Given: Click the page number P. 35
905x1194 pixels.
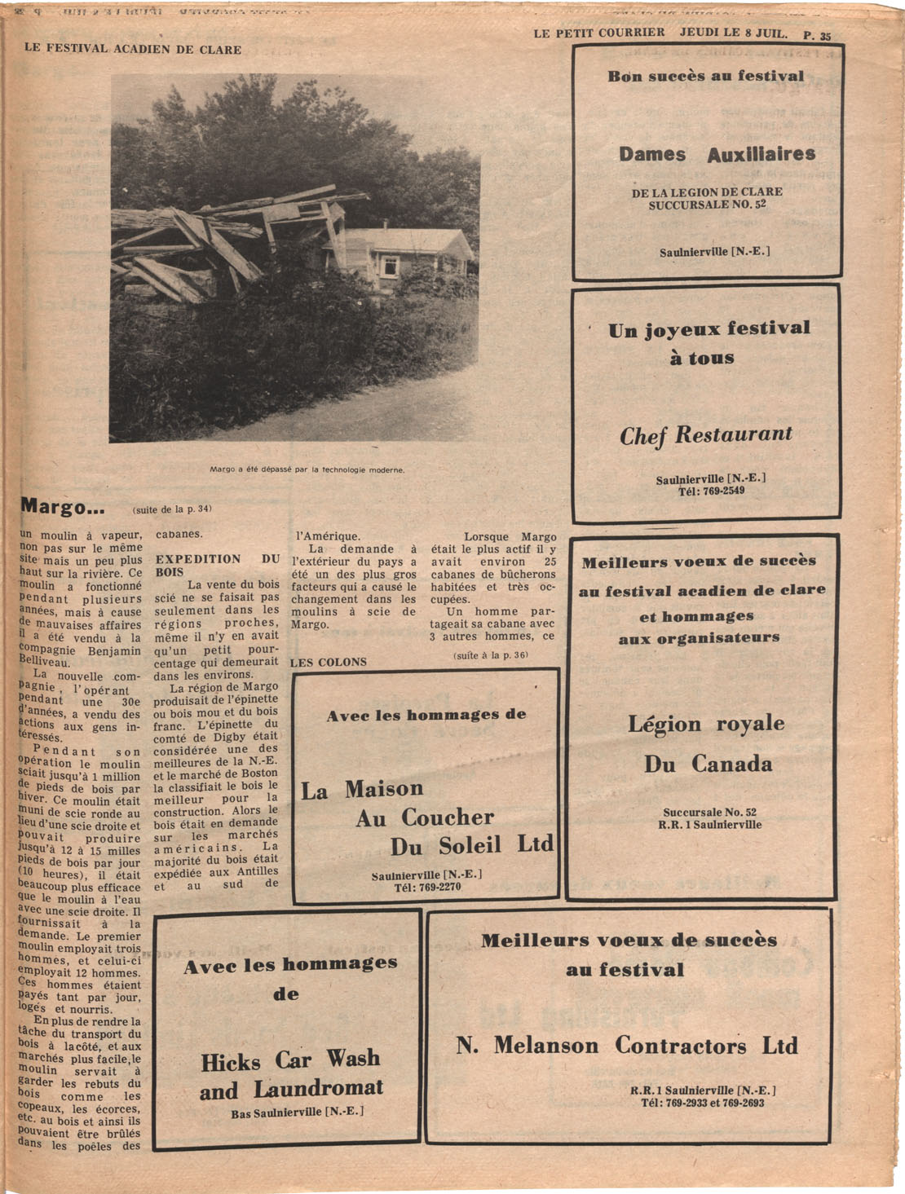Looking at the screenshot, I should [x=817, y=35].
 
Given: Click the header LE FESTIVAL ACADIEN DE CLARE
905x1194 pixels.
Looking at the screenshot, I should [x=133, y=49].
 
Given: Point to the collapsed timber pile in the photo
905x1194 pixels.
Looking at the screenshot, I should [x=220, y=245].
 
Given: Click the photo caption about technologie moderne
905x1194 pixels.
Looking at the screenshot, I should [x=307, y=469].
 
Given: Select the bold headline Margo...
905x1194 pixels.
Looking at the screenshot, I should [x=63, y=507].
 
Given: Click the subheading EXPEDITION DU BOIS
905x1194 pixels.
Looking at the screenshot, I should [x=217, y=566].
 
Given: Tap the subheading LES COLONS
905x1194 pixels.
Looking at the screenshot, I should [x=329, y=662].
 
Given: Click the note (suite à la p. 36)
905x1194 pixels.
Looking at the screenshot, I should [x=491, y=654].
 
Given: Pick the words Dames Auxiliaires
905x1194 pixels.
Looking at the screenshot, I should [x=717, y=154].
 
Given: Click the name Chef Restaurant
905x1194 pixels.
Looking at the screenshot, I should [x=705, y=434].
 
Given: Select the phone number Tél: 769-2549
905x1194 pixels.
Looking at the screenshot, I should [x=711, y=491].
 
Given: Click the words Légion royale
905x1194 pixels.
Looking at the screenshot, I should [x=706, y=724].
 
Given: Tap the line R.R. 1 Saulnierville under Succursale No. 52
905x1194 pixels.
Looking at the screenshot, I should [x=709, y=824].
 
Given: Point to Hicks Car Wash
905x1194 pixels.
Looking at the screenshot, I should [x=290, y=1060].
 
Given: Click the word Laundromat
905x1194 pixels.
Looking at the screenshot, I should [x=318, y=1089].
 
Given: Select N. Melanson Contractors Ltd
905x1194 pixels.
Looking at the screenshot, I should [x=626, y=1045].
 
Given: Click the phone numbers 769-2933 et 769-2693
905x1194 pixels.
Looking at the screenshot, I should [x=702, y=1103].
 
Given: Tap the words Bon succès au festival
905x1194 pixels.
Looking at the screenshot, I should [x=705, y=77].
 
